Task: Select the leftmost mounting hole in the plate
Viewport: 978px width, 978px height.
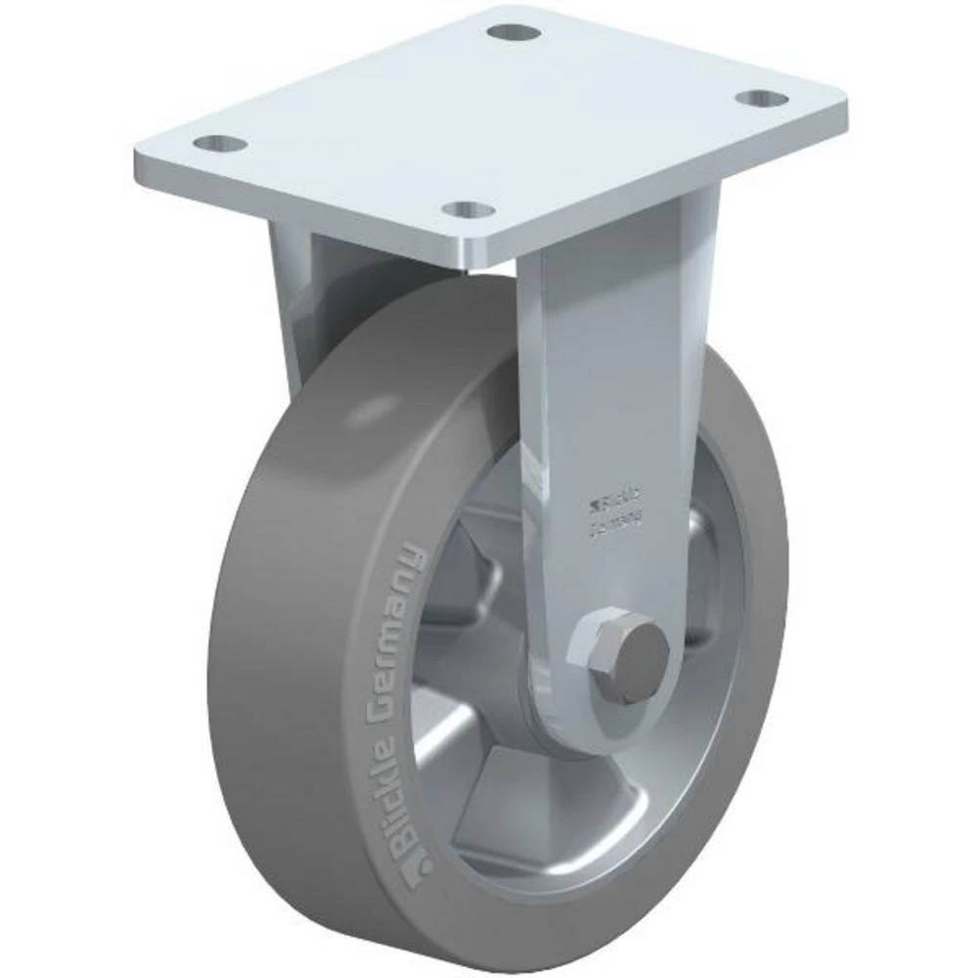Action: (x=220, y=144)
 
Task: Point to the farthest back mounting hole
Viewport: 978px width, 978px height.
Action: (x=511, y=32)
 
